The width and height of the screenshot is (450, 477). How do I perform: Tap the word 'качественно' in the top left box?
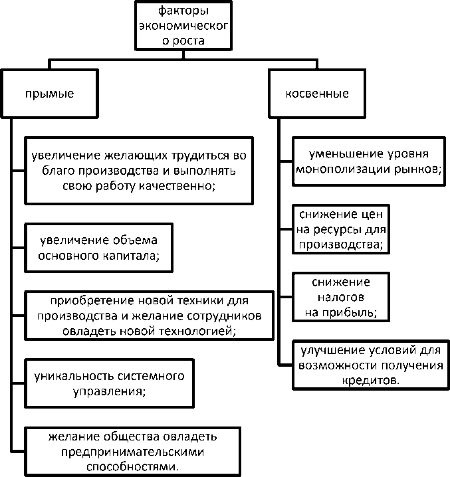[x=180, y=186]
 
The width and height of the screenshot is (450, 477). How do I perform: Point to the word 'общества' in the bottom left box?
[x=130, y=437]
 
